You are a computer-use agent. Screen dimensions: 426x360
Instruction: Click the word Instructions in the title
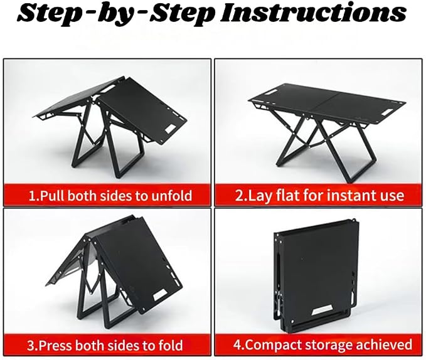[x=313, y=13]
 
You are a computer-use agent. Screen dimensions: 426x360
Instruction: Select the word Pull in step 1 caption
[x=52, y=196]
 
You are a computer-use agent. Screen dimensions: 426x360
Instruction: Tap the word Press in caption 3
[x=54, y=346]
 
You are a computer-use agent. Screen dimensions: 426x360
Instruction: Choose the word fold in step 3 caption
[x=171, y=346]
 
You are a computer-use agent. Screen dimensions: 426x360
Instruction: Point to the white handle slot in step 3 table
[x=160, y=295]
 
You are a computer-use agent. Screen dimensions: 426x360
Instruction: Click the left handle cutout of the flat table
[x=268, y=92]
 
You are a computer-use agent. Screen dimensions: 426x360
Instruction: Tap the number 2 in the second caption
[x=238, y=196]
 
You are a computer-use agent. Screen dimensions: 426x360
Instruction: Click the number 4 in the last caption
[x=238, y=345]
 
